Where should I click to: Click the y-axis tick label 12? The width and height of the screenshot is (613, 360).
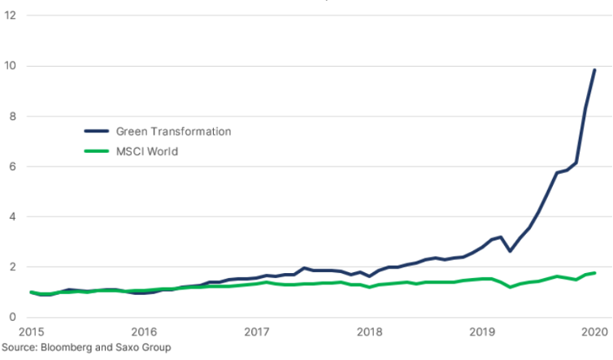(11, 15)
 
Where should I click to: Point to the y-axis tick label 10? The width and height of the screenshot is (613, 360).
(11, 66)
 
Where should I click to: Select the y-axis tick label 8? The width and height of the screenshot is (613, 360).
(11, 116)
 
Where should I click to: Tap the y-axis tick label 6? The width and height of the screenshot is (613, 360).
(11, 167)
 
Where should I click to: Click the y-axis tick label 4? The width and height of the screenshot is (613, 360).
(11, 217)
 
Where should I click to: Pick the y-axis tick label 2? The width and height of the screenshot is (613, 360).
(11, 267)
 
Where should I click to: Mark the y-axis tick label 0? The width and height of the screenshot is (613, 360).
(11, 317)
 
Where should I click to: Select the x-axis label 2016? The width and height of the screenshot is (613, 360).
(144, 332)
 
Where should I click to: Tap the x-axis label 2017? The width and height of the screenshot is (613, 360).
(257, 332)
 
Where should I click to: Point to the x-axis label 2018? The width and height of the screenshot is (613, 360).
(370, 332)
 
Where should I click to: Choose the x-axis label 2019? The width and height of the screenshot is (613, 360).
(482, 332)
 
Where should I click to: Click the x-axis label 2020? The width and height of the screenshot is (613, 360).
(594, 332)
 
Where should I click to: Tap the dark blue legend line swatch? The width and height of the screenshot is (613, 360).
(97, 131)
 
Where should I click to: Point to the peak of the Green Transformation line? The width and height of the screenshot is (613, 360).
(594, 70)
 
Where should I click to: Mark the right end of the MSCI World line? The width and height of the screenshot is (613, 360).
(595, 272)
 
